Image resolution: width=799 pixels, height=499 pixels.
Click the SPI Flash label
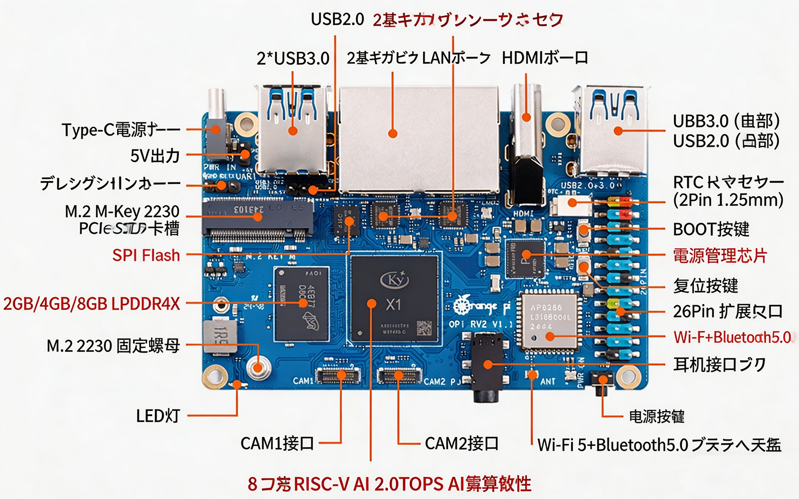pos(146,255)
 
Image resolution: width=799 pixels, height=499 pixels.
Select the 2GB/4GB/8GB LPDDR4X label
pos(92,303)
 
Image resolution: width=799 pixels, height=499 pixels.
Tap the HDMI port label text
pos(544,58)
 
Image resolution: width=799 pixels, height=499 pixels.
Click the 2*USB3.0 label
pos(293,58)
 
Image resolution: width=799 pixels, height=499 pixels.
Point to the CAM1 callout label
pos(277,443)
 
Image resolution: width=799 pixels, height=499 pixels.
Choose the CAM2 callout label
pos(461,443)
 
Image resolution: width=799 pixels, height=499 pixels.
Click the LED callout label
pos(158,416)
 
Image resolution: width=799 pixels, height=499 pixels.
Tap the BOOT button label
pos(711,229)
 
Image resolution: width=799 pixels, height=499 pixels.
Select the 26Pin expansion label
pos(727,311)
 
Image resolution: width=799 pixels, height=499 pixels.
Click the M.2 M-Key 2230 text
pos(122,211)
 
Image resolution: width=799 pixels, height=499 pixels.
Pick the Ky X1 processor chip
pos(394,299)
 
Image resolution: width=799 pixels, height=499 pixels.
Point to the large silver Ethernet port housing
pos(418,138)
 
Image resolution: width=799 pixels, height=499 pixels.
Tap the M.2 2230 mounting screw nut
pos(259,367)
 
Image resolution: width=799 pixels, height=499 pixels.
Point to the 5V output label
pos(155,155)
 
